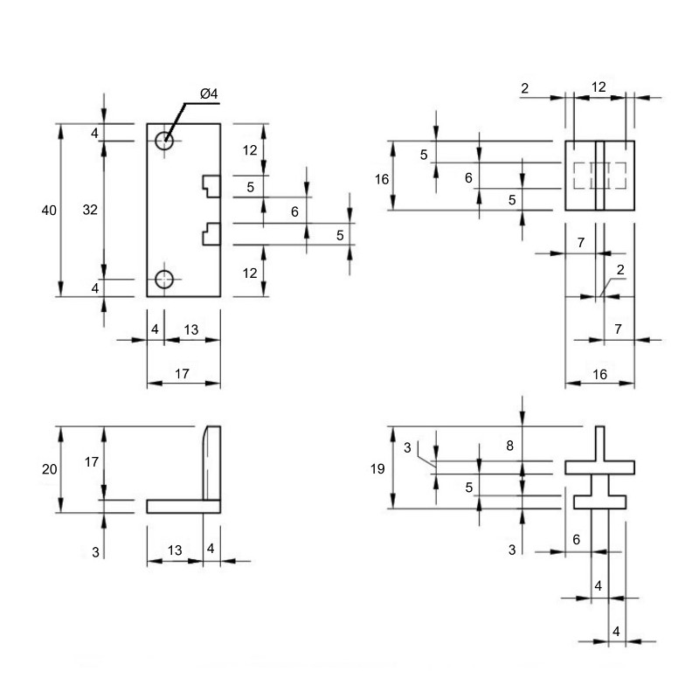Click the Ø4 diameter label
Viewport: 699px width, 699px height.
coord(209,93)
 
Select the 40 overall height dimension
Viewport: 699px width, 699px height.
coord(49,210)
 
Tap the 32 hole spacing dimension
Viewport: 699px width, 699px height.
coord(90,210)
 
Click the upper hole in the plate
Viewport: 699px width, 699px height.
coord(164,141)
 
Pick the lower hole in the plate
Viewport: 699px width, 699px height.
coord(164,280)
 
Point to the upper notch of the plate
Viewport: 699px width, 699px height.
coord(211,186)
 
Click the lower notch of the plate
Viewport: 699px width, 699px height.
coord(211,233)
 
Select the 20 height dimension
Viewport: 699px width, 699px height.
coord(50,469)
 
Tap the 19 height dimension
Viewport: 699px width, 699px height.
coord(377,468)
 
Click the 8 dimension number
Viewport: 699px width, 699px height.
coord(510,446)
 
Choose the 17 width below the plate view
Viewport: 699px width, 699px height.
coord(182,374)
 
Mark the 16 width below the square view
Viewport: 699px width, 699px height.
coord(600,374)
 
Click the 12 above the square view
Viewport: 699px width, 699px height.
coord(599,87)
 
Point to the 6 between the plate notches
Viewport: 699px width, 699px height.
coord(294,211)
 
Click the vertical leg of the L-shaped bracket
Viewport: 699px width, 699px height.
coord(211,463)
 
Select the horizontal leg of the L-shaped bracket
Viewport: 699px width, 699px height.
coord(183,507)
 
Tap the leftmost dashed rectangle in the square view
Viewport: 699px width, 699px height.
coord(579,176)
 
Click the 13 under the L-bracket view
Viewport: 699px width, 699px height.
coord(175,550)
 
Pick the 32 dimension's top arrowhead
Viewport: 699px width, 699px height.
coord(104,149)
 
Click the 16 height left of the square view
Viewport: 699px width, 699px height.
coord(382,179)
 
